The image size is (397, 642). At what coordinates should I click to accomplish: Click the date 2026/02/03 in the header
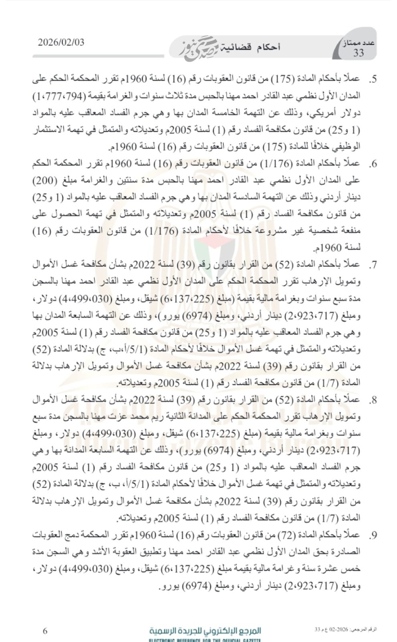tap(61, 43)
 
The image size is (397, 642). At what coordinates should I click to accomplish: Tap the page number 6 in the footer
tap(45, 631)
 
